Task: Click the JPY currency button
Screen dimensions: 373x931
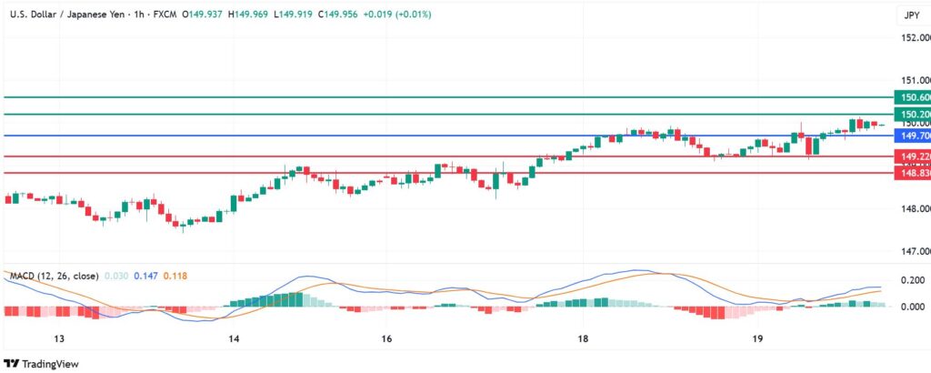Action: (x=911, y=15)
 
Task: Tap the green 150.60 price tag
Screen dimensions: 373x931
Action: (x=913, y=97)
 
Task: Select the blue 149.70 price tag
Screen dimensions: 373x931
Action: (x=913, y=136)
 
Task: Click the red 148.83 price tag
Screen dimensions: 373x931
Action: (x=913, y=173)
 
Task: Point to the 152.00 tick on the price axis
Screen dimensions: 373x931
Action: (x=915, y=38)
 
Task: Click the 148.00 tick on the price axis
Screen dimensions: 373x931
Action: (x=915, y=209)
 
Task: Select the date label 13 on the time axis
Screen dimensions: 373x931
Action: (x=59, y=338)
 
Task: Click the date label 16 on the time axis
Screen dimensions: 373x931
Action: (x=387, y=338)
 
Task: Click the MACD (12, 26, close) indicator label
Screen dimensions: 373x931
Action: (x=51, y=275)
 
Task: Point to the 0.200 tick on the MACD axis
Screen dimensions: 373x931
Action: (x=915, y=280)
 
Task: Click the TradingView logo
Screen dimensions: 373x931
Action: (x=42, y=364)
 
